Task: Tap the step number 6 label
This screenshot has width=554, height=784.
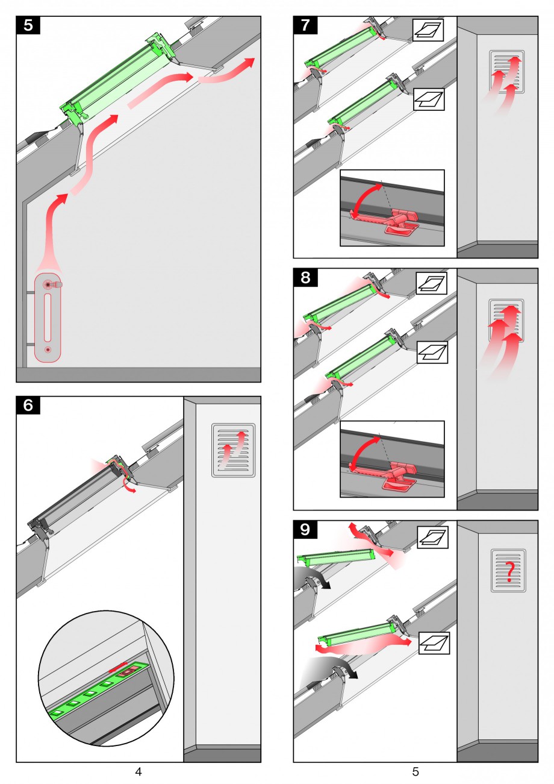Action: [28, 405]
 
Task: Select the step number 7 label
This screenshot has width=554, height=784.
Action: [305, 25]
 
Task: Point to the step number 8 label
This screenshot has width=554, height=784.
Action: [305, 277]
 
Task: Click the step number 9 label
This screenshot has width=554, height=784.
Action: [305, 529]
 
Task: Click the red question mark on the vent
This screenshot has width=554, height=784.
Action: [509, 571]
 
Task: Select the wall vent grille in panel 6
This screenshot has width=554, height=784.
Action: [234, 450]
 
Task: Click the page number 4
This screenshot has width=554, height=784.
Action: [138, 771]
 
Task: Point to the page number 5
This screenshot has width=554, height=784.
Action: [415, 771]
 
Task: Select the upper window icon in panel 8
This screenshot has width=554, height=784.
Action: [431, 283]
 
